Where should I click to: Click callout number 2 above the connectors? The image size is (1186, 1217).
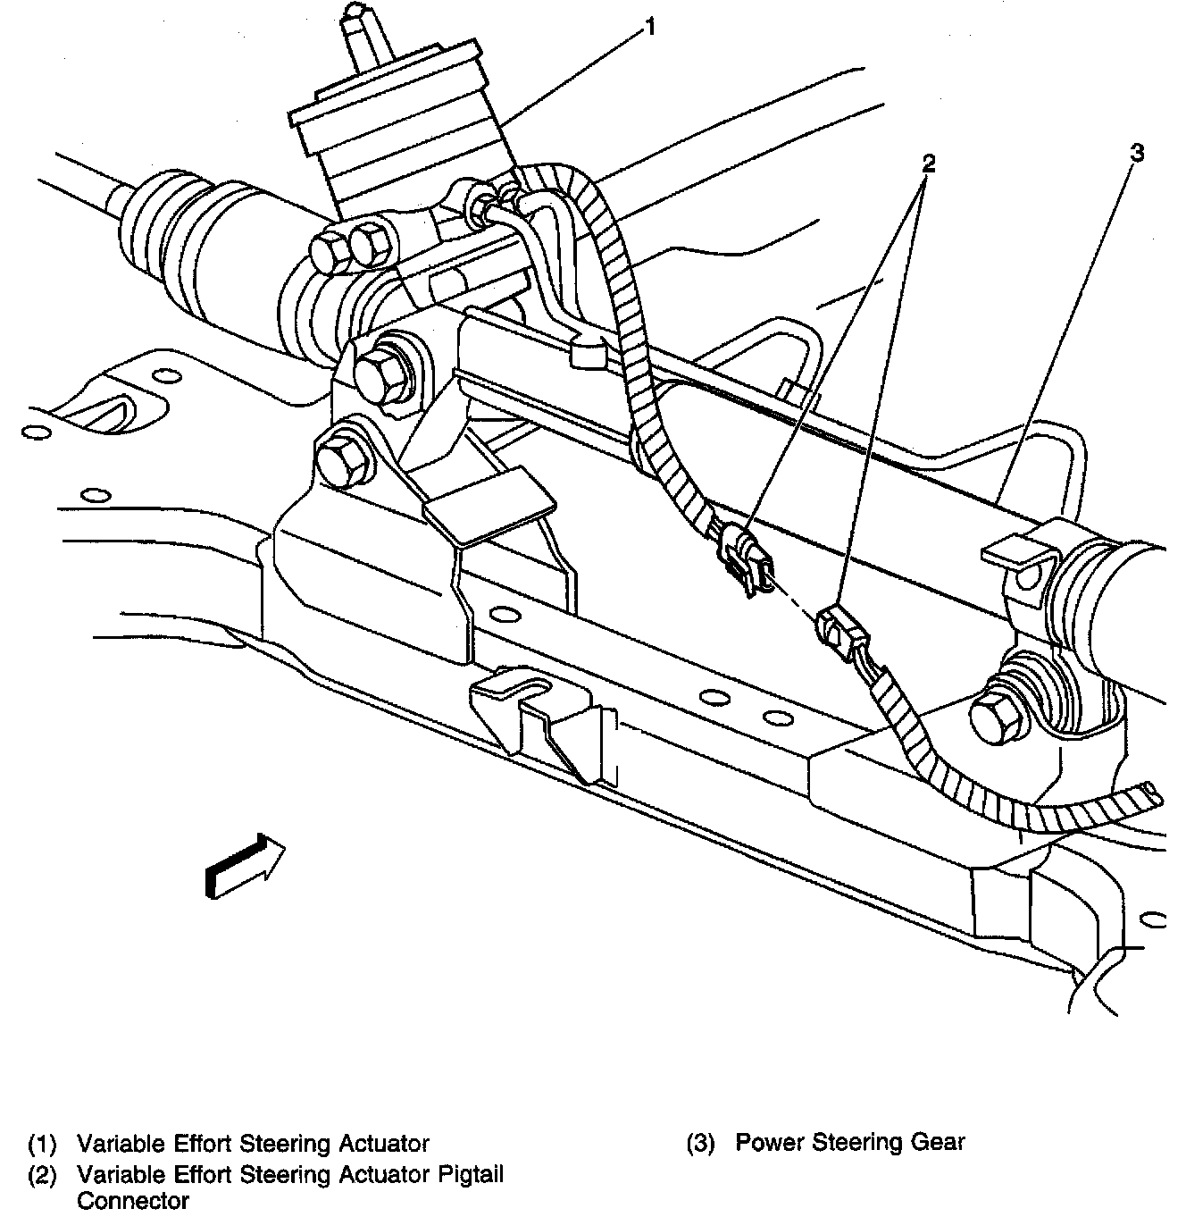coord(929,162)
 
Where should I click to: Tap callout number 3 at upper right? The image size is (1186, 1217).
coord(1136,153)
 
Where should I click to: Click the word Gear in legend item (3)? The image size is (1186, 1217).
coord(938,1142)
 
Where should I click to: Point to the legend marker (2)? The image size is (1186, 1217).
coord(42,1174)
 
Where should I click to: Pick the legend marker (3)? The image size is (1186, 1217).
coord(701,1143)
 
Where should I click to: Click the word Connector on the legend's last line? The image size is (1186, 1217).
coord(132,1200)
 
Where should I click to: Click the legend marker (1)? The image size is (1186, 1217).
coord(42,1144)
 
